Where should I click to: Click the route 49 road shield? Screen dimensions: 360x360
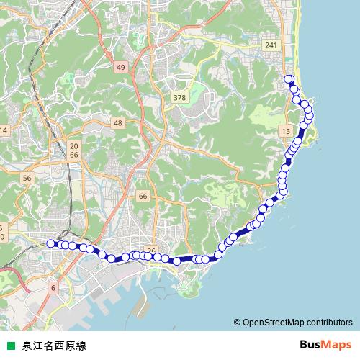120,67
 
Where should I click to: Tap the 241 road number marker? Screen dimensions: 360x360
271,45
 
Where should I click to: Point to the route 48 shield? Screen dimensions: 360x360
118,124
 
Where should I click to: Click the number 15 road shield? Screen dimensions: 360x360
287,131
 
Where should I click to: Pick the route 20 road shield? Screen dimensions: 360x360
73,145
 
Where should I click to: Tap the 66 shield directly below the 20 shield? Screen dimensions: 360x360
73,155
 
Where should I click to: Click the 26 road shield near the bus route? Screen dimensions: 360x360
151,250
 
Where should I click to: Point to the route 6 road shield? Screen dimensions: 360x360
53,288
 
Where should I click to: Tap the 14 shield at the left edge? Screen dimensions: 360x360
3,130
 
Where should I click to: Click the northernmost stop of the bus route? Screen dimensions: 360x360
289,79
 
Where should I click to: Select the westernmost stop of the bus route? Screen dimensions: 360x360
50,243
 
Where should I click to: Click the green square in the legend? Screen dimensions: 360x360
9,346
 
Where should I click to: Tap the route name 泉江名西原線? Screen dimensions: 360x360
54,346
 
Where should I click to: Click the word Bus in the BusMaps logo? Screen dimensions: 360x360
311,345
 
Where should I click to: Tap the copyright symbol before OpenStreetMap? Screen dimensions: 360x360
238,322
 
